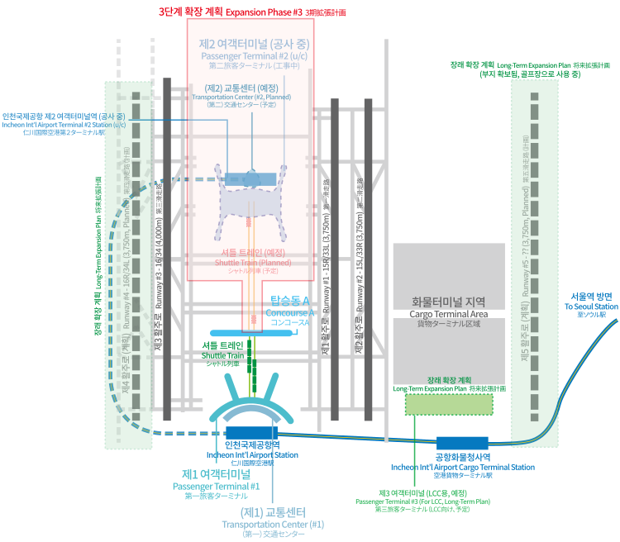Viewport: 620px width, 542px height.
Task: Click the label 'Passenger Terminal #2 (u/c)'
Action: [250, 55]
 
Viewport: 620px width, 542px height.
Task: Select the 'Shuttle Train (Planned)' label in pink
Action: [251, 262]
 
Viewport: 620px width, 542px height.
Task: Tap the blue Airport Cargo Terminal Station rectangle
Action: [462, 443]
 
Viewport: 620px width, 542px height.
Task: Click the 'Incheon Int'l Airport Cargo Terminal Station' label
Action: [462, 467]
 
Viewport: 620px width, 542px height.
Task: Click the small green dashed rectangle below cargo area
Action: [447, 404]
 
